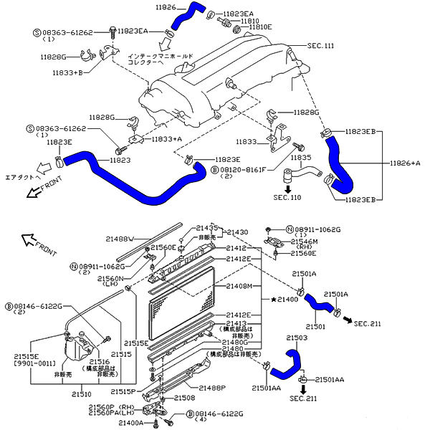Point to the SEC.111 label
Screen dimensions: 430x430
click(320, 45)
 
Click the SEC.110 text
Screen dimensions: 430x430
click(288, 196)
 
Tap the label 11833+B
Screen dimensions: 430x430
click(68, 72)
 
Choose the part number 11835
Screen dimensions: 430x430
click(301, 157)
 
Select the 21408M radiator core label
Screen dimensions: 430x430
click(239, 286)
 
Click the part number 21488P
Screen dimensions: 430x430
click(212, 388)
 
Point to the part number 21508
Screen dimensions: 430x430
click(184, 397)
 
